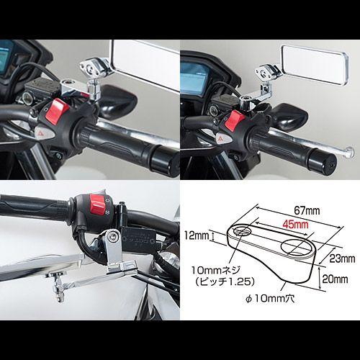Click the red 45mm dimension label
(295, 225)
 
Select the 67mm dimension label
(307, 211)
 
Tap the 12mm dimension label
(197, 235)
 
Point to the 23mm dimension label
(342, 258)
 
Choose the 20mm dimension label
(335, 279)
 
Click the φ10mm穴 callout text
(270, 299)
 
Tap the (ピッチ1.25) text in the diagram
(225, 282)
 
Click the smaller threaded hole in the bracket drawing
(242, 231)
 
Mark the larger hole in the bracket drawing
(297, 247)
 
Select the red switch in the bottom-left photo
(98, 204)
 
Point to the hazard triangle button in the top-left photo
(45, 132)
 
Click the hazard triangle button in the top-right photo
(222, 138)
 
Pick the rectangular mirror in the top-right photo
(315, 65)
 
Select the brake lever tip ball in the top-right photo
(350, 152)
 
